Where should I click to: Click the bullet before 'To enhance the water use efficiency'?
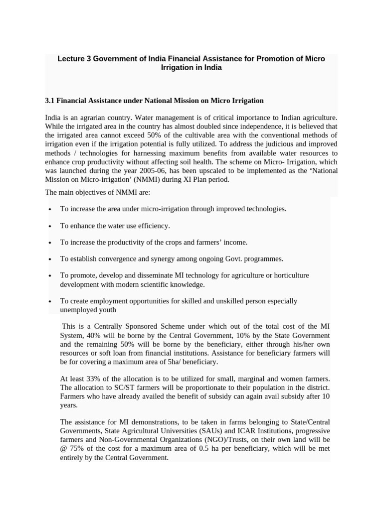[50, 226]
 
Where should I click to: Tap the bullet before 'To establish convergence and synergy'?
[50, 259]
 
